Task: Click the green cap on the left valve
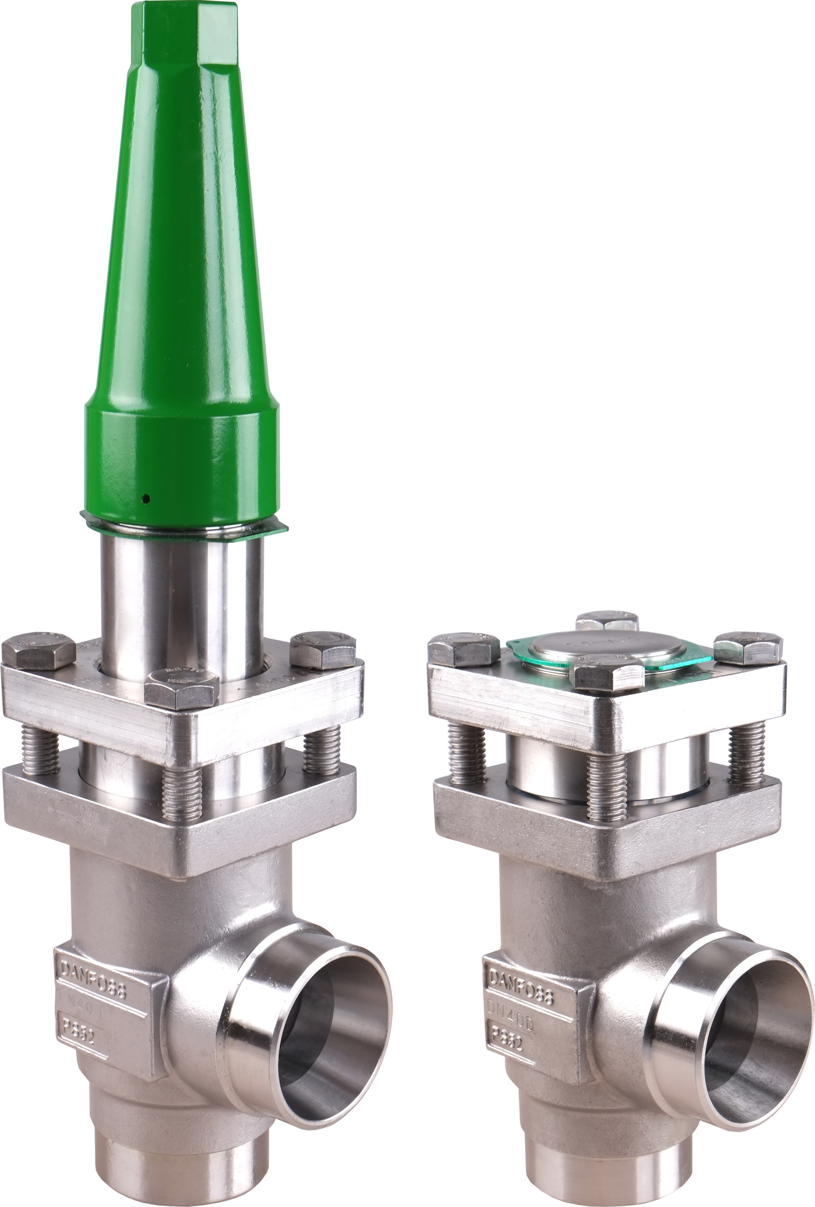(x=182, y=312)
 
